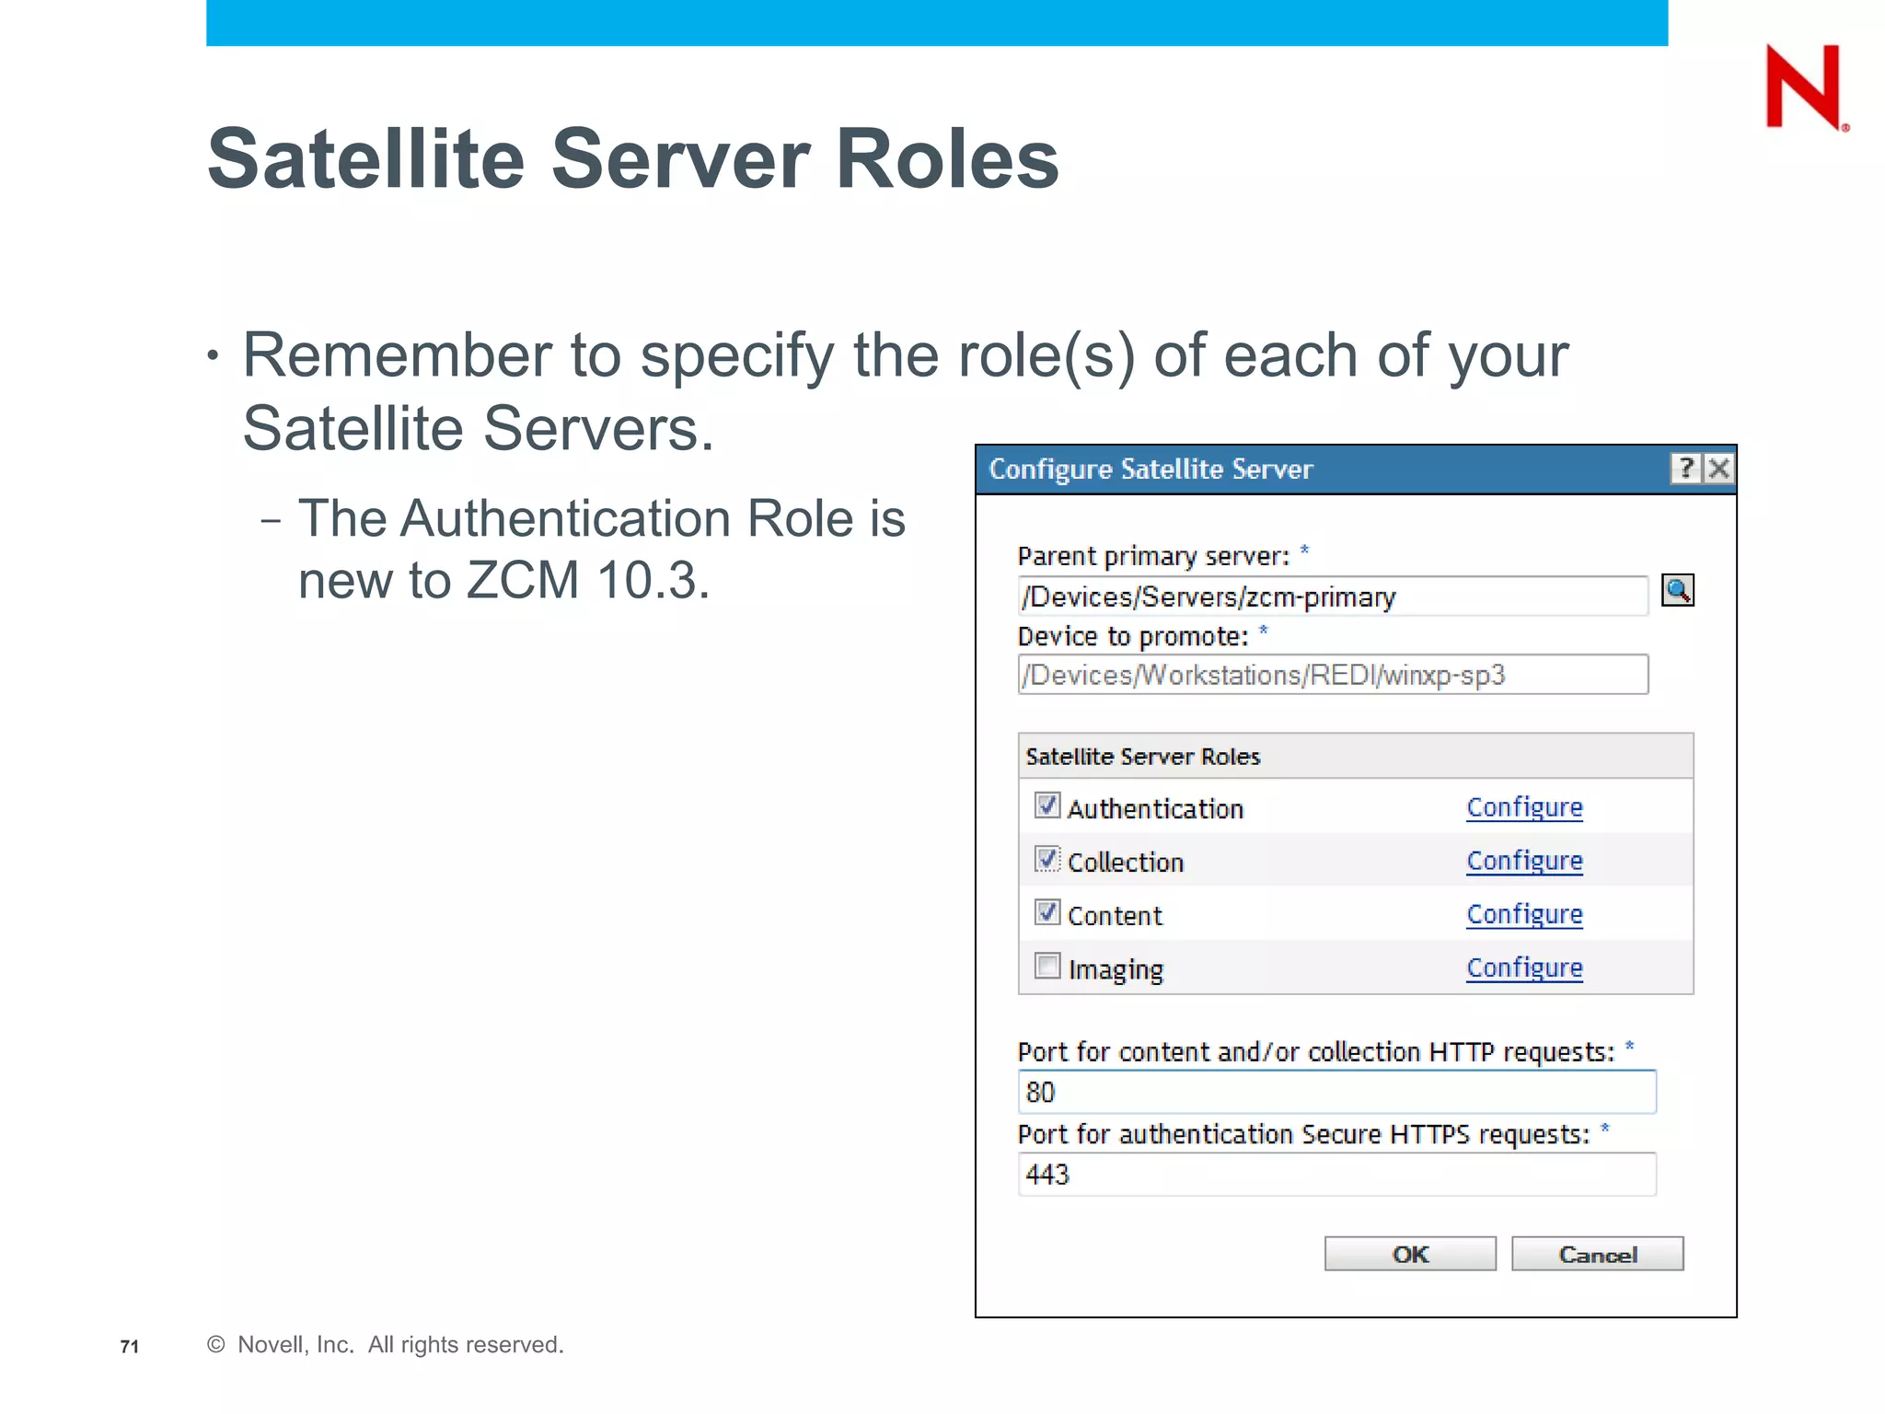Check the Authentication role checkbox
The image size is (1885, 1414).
pyautogui.click(x=1047, y=806)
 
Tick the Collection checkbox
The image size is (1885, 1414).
pyautogui.click(x=1047, y=859)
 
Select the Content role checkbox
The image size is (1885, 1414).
pyautogui.click(x=1047, y=912)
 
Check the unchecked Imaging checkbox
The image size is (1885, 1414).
pyautogui.click(x=1047, y=966)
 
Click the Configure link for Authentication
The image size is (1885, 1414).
pyautogui.click(x=1524, y=807)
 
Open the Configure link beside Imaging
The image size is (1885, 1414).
pyautogui.click(x=1524, y=968)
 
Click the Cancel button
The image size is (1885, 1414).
pyautogui.click(x=1597, y=1254)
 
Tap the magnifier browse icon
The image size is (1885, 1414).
pyautogui.click(x=1677, y=590)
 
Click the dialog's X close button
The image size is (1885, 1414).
pyautogui.click(x=1718, y=469)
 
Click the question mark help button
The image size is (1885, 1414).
pyautogui.click(x=1685, y=469)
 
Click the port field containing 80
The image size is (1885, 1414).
pyautogui.click(x=1336, y=1092)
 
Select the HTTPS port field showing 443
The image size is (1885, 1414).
pyautogui.click(x=1336, y=1175)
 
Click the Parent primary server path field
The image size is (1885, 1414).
pyautogui.click(x=1332, y=597)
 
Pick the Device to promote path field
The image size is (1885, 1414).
pyautogui.click(x=1332, y=675)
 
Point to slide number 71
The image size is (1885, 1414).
pyautogui.click(x=130, y=1347)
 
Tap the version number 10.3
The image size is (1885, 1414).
pyautogui.click(x=653, y=581)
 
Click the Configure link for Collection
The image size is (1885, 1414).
pyautogui.click(x=1524, y=861)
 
